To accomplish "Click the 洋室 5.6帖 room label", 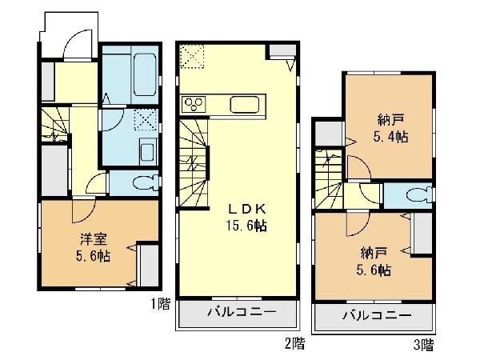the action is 93,247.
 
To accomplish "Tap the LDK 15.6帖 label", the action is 246,218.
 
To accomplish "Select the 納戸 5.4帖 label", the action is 390,128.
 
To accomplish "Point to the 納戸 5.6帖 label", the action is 374,262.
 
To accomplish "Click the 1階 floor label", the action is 161,304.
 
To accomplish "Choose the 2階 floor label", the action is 295,343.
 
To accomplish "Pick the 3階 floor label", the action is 424,345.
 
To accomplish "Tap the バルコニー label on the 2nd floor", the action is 242,312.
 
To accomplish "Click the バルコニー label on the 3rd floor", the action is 377,315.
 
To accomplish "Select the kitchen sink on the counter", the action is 245,105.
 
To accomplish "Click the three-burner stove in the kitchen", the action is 194,104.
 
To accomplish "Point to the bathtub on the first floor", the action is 145,75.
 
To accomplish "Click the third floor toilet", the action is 418,195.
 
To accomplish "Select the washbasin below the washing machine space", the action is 148,151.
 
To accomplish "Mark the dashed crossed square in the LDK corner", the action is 192,57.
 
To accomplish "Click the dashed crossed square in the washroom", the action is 146,119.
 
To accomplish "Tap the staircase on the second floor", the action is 194,164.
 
